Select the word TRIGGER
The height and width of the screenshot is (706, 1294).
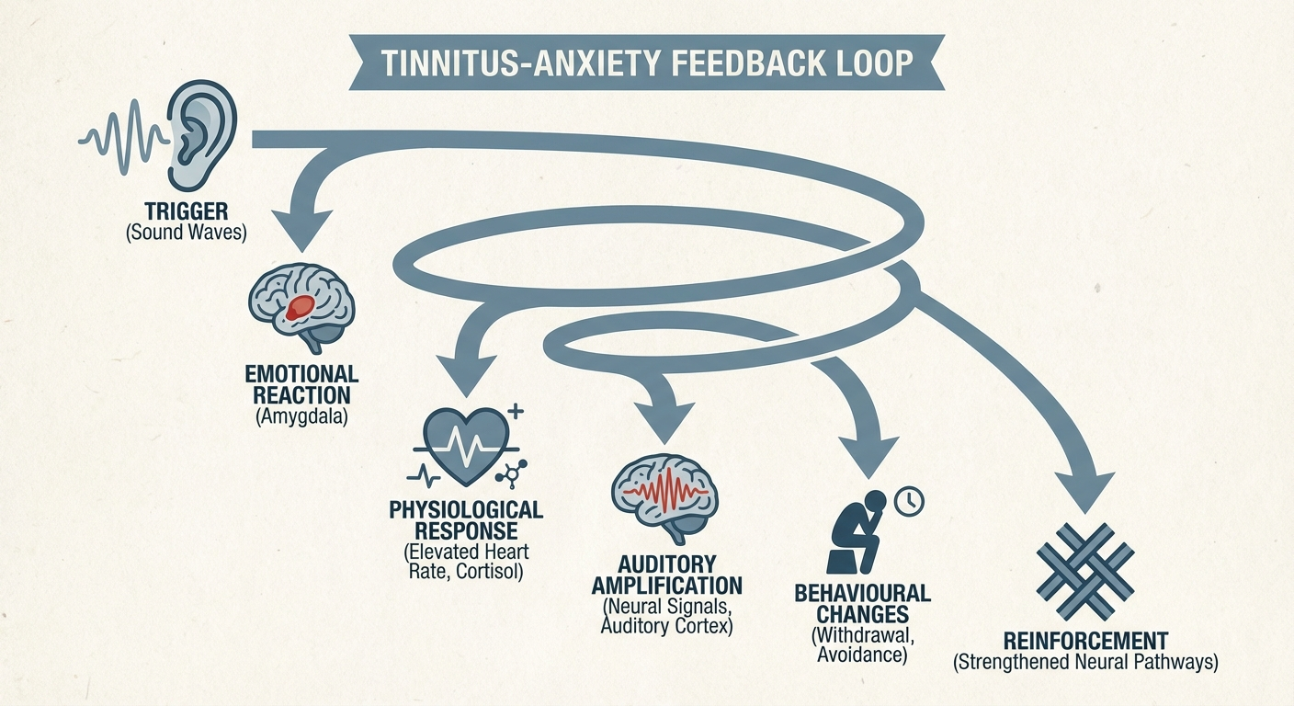point(186,210)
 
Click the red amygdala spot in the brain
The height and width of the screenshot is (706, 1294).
point(300,307)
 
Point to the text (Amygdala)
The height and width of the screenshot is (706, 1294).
point(301,419)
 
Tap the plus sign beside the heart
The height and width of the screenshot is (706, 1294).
point(516,412)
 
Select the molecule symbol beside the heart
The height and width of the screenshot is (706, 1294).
point(506,473)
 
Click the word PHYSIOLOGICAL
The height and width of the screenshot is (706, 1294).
point(466,510)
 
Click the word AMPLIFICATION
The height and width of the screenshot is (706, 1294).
point(666,586)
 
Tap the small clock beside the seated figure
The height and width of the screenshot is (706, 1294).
point(908,500)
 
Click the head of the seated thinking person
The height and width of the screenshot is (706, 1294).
point(877,503)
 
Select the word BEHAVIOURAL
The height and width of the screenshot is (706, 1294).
point(863,594)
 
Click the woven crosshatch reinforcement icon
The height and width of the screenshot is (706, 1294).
point(1084,570)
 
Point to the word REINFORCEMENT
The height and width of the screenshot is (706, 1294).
point(1084,641)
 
